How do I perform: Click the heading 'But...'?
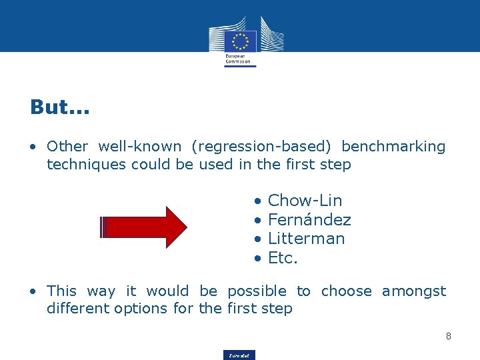(60, 107)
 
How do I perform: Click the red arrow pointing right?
(144, 227)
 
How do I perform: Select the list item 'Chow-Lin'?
(305, 201)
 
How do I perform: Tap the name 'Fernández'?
(309, 220)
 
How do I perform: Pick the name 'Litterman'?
(306, 239)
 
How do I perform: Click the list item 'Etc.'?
(283, 258)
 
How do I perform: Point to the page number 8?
(449, 336)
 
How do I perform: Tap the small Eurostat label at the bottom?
(239, 355)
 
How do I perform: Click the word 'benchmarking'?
(393, 147)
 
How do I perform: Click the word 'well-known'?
(139, 147)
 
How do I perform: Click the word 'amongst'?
(413, 291)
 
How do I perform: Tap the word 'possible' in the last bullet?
(257, 291)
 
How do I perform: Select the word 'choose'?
(347, 291)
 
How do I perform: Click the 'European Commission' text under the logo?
(237, 59)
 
